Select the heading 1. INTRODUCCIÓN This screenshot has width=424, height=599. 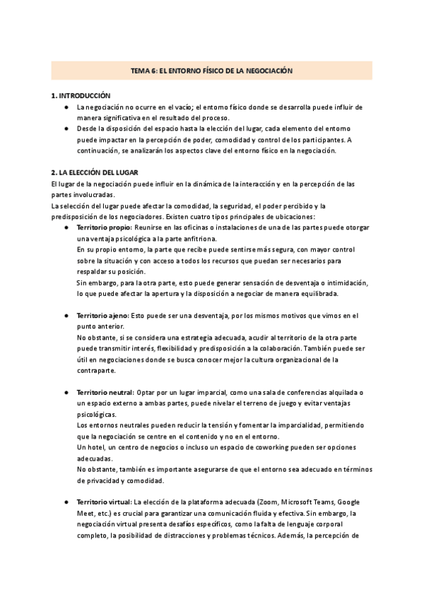pyautogui.click(x=81, y=95)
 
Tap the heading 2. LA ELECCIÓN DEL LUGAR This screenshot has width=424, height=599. pyautogui.click(x=95, y=172)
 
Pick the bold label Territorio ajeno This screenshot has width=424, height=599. pyautogui.click(x=102, y=315)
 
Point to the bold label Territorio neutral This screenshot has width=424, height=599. pyautogui.click(x=105, y=392)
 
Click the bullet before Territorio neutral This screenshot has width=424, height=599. pyautogui.click(x=66, y=392)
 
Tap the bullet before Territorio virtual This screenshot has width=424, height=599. pyautogui.click(x=66, y=501)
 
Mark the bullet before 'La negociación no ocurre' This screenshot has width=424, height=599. pyautogui.click(x=66, y=107)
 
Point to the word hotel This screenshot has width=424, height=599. pyautogui.click(x=95, y=447)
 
